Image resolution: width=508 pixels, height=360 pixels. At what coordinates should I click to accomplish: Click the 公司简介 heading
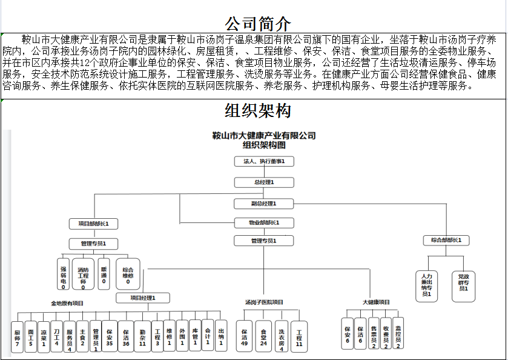[257, 24]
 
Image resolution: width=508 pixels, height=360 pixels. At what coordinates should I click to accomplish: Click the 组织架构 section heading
[257, 111]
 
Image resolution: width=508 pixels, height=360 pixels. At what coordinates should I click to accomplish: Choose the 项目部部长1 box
[93, 224]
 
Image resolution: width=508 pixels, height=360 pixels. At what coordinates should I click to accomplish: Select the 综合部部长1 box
[450, 241]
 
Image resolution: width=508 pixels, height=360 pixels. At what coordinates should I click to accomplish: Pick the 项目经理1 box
[143, 298]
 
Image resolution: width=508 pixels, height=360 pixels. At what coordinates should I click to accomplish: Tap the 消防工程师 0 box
[83, 274]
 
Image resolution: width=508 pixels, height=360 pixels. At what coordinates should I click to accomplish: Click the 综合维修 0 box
[128, 274]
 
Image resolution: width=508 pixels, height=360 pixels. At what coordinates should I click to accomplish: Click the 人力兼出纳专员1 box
[426, 285]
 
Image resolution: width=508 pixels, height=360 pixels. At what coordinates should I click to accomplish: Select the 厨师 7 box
[18, 337]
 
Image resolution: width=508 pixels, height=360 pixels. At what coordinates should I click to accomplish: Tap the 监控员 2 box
[398, 333]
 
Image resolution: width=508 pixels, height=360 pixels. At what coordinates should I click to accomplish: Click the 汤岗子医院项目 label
[264, 302]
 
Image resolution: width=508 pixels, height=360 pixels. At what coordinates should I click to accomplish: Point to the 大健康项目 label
[376, 302]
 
